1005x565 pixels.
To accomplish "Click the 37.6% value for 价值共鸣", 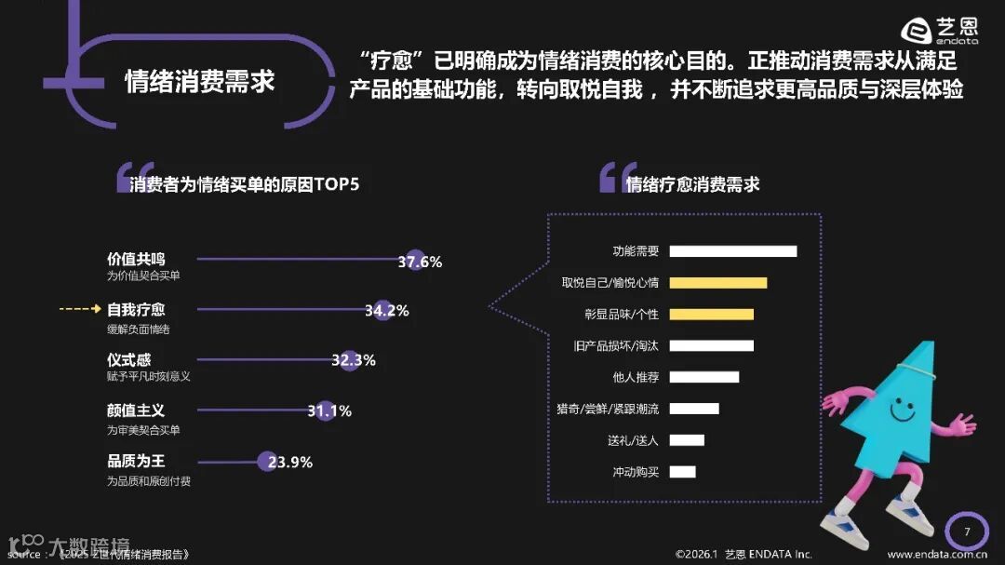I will [420, 262].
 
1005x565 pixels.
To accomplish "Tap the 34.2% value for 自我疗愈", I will [386, 311].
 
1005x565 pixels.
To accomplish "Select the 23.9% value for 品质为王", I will [289, 462].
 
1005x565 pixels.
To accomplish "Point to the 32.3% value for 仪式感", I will [353, 361].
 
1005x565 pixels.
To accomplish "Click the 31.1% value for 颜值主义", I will [328, 410].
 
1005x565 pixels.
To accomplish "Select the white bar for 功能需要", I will [732, 250].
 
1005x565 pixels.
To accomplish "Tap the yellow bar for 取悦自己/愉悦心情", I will [717, 282].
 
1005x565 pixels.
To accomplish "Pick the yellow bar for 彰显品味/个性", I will [711, 314].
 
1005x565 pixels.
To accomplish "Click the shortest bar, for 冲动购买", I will [682, 472].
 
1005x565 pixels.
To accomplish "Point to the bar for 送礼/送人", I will [687, 440].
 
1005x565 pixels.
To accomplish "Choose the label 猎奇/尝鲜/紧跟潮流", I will [607, 409].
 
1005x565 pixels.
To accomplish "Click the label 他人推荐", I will [636, 377].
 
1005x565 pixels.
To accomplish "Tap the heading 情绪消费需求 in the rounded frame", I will [200, 81].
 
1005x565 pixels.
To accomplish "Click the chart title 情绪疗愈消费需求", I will [692, 184].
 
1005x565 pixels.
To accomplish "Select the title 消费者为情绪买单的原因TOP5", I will [245, 184].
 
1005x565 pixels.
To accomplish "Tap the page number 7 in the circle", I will [967, 531].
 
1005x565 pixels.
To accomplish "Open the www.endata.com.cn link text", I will [937, 555].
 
